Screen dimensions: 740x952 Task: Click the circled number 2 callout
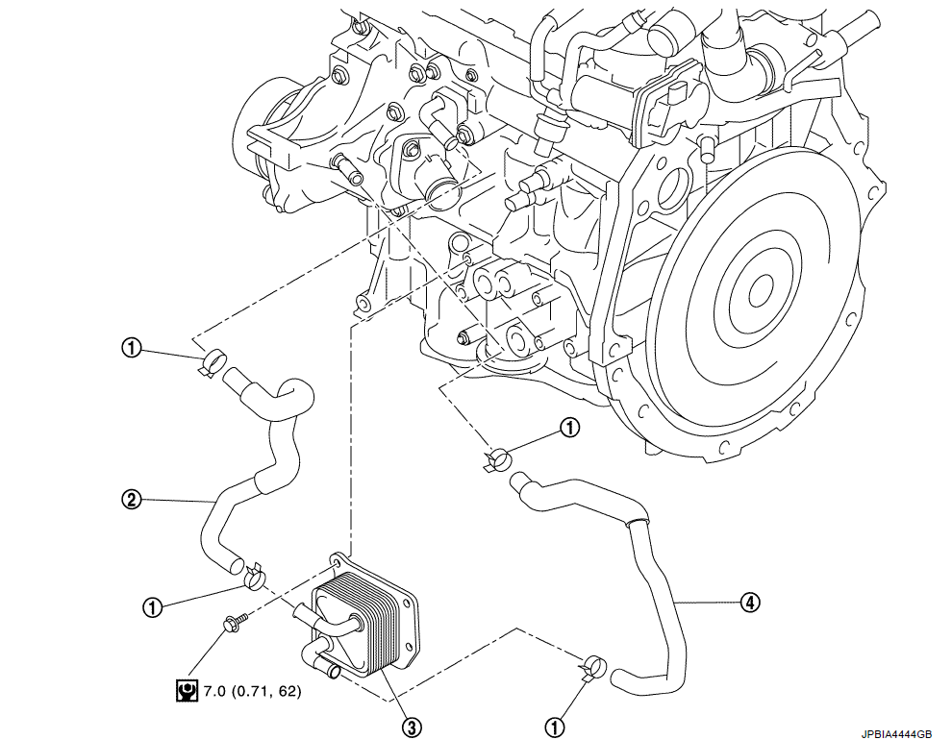tap(131, 499)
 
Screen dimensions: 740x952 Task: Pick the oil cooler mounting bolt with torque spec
tap(234, 625)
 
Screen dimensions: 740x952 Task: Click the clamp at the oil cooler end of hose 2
tap(254, 577)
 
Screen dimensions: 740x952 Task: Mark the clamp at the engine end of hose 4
tap(496, 458)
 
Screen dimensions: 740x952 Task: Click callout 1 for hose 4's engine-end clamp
tap(569, 428)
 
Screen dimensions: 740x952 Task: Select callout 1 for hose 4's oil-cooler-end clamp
tap(554, 726)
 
